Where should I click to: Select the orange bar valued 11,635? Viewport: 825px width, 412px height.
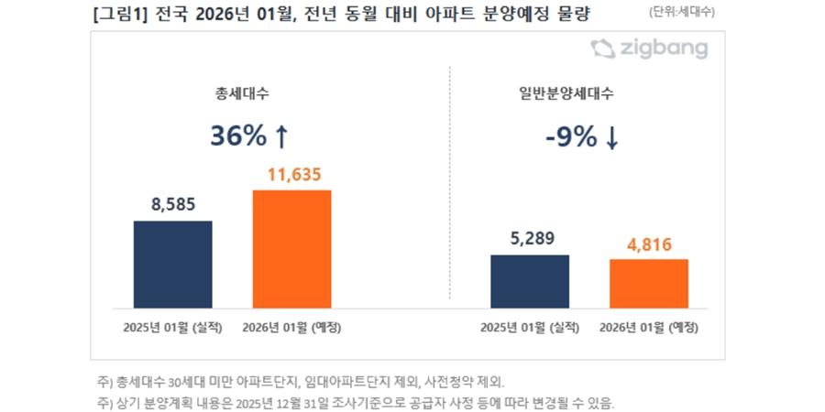(x=291, y=248)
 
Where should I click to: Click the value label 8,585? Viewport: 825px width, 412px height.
(x=172, y=204)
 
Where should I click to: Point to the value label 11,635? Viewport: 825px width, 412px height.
(x=291, y=173)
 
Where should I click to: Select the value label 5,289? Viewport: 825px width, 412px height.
(x=529, y=238)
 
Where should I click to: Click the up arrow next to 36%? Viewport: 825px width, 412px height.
(x=281, y=136)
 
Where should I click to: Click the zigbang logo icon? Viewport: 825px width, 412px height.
(x=603, y=49)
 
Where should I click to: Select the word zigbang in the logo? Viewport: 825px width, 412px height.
(x=666, y=49)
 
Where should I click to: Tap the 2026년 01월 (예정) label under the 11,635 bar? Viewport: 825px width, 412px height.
(x=291, y=326)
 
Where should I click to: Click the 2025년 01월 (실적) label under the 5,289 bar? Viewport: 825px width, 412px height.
(x=529, y=326)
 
